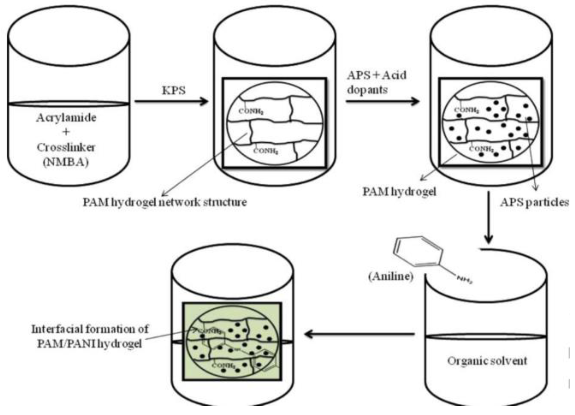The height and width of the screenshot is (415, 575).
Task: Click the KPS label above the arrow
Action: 174,90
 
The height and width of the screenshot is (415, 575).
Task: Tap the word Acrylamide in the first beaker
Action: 66,118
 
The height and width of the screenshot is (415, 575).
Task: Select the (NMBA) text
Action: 66,162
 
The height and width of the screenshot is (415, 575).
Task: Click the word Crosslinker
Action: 66,147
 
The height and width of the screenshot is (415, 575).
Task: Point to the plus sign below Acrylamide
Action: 66,132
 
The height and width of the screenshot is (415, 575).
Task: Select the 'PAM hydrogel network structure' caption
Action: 165,202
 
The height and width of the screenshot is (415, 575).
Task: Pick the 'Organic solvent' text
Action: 487,361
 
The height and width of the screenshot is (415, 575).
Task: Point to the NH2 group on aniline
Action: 464,280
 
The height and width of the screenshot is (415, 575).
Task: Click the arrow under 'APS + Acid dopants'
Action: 382,101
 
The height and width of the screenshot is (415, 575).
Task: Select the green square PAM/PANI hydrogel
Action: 232,341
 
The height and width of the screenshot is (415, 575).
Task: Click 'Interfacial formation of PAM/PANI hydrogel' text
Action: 89,336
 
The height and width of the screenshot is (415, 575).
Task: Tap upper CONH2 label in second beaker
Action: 251,111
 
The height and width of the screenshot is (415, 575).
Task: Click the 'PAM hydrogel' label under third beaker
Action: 399,192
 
